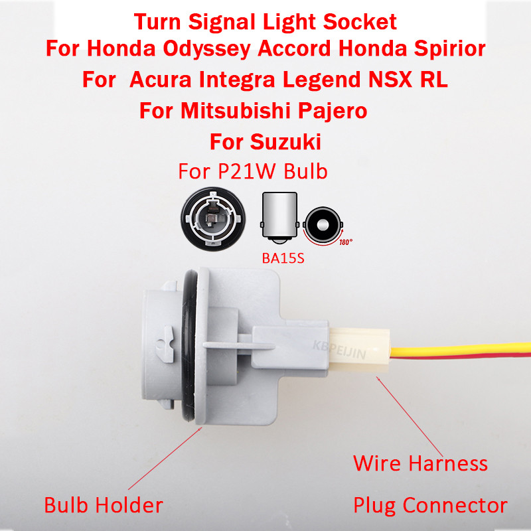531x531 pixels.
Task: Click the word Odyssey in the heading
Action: [206, 49]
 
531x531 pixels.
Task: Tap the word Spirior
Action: [450, 49]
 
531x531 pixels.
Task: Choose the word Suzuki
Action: [285, 141]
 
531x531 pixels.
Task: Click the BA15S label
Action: [283, 258]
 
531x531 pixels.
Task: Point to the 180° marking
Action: [346, 242]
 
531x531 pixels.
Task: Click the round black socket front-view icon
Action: [213, 219]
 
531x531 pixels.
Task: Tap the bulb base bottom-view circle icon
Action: [323, 224]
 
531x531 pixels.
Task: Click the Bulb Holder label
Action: [104, 505]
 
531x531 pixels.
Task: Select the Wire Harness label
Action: [420, 463]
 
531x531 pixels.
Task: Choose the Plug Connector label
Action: [430, 506]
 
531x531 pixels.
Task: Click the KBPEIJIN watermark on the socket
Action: [339, 350]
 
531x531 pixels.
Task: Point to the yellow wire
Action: [461, 350]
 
